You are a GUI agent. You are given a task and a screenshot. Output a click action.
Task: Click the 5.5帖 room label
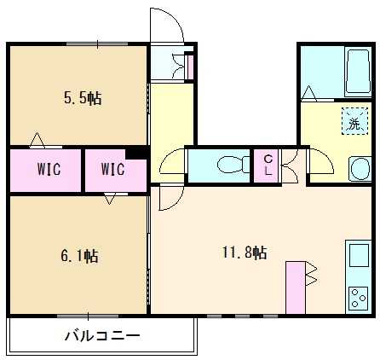tap(83, 98)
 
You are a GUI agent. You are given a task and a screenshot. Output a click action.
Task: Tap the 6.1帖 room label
tap(79, 256)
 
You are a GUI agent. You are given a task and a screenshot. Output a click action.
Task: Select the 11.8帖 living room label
tap(245, 253)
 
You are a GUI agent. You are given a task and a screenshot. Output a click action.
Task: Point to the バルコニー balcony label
tap(102, 336)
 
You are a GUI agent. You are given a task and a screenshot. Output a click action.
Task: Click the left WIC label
tap(49, 169)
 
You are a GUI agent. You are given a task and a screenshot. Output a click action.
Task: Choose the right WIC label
tap(112, 169)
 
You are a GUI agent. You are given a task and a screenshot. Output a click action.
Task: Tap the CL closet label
tap(268, 165)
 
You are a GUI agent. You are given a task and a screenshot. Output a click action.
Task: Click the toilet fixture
tap(233, 165)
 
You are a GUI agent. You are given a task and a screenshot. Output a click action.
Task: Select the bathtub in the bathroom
tap(358, 72)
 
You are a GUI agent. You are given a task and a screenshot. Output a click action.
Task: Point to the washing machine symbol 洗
tap(355, 121)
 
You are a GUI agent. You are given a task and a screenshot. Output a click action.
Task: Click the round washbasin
tap(360, 168)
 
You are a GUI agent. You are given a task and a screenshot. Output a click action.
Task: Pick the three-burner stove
tap(359, 298)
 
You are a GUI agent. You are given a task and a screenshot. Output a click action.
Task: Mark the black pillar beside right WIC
tap(136, 154)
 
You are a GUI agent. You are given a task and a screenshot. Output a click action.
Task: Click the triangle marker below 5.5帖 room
tap(37, 140)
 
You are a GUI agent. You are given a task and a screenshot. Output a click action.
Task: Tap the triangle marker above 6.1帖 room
tap(109, 199)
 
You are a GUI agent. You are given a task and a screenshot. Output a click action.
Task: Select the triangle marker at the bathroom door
tap(308, 93)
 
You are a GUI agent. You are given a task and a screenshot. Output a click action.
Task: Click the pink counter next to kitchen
tap(296, 287)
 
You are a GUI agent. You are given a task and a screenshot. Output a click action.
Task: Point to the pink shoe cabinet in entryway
tap(191, 67)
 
